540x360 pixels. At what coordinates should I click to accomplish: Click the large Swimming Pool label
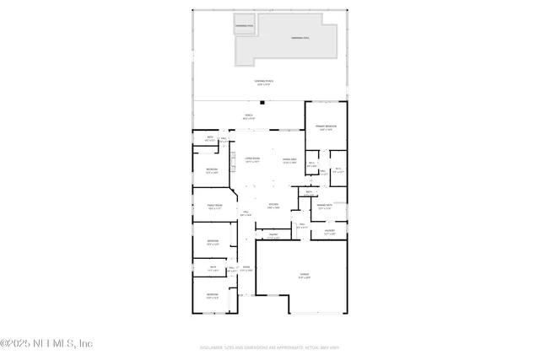coord(300,38)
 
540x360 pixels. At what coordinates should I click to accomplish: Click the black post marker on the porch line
coord(263,103)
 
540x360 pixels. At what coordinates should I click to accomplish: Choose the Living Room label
coord(252,159)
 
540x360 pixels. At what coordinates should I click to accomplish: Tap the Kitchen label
coord(273,206)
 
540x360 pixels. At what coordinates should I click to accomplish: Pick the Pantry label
coord(273,236)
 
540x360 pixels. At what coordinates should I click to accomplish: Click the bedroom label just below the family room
coord(213,243)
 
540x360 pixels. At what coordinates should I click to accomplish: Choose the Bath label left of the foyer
coord(213,269)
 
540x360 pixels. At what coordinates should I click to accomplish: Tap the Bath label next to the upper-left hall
coord(210,138)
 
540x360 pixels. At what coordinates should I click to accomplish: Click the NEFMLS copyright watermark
coord(46,343)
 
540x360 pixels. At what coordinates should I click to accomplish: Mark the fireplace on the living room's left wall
coord(232,160)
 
